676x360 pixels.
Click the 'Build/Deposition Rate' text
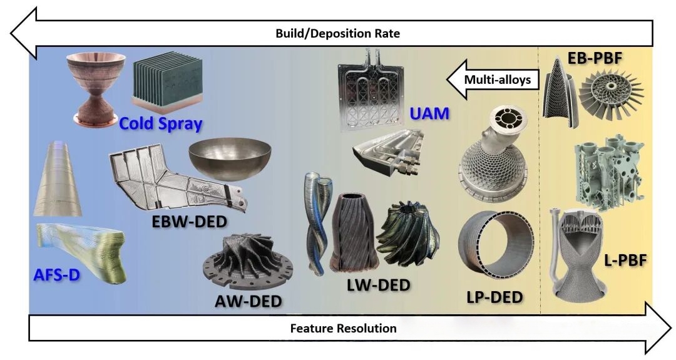coord(337,33)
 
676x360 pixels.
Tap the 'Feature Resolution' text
coord(343,328)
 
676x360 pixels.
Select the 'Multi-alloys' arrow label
coord(497,80)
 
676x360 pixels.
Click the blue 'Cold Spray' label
coord(160,123)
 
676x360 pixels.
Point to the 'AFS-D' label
coord(56,274)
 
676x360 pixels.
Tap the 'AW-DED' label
coord(248,301)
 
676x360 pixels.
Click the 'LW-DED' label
coord(378,285)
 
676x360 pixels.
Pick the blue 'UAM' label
coord(429,115)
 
